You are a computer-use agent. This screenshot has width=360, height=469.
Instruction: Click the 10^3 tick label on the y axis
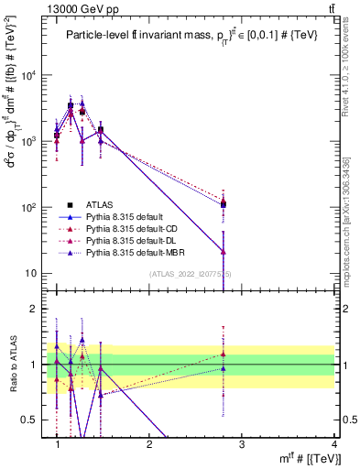click(x=30, y=142)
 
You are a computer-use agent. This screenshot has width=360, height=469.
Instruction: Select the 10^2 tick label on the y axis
click(x=30, y=208)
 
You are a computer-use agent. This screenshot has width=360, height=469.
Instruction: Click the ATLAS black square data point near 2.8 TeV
click(x=224, y=204)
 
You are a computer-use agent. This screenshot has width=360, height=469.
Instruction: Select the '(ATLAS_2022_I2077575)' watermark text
click(x=191, y=274)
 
